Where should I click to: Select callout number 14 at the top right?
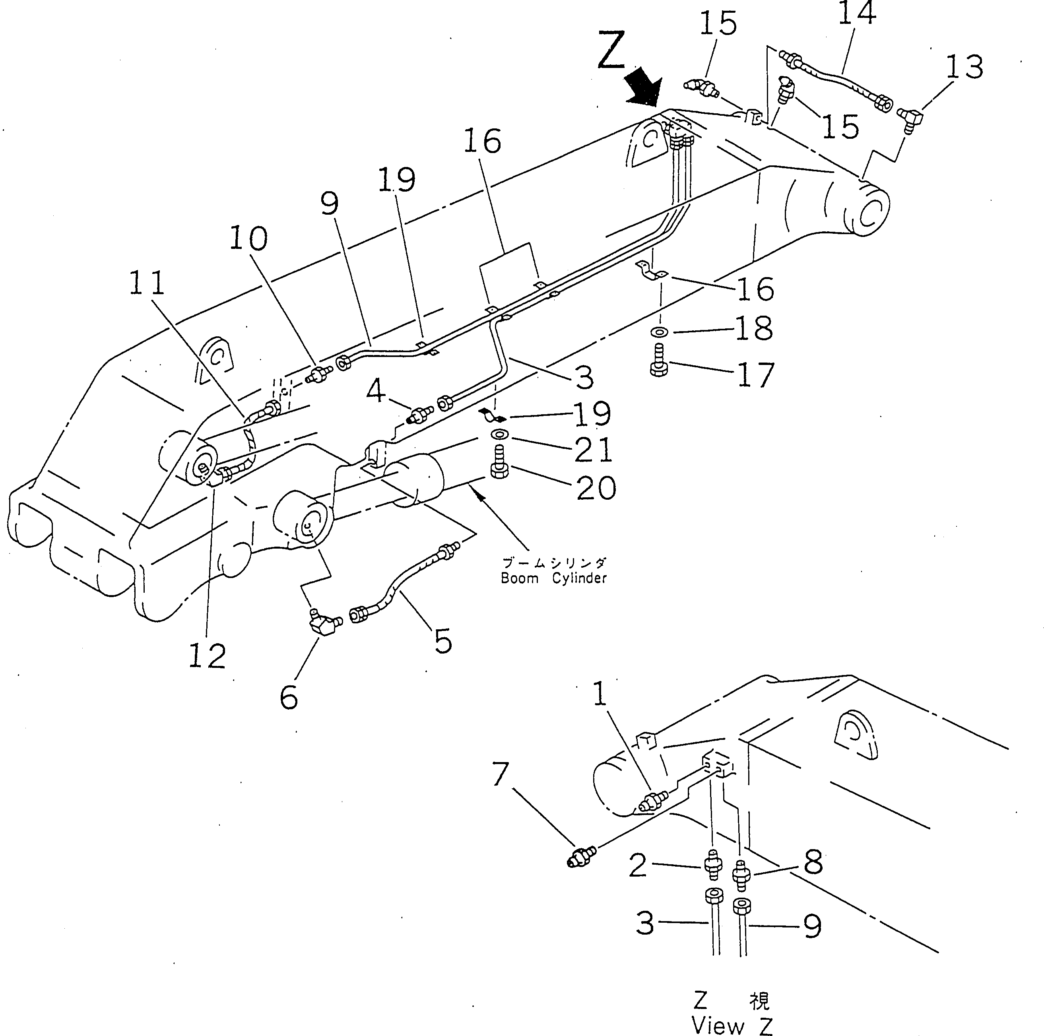(x=856, y=14)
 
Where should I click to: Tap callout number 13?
(x=964, y=67)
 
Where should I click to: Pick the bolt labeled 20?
(x=498, y=465)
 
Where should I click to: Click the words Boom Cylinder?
(x=553, y=578)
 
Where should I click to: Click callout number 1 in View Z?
(x=600, y=695)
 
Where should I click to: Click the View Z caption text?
(x=732, y=1024)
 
